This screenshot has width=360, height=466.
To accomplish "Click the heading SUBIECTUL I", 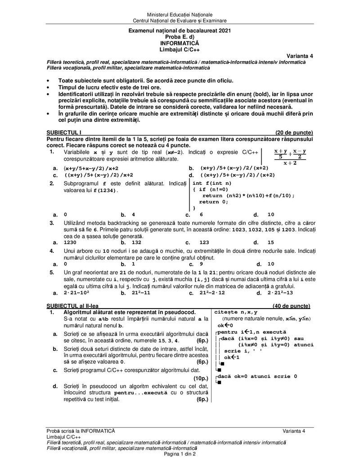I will pyautogui.click(x=64, y=132).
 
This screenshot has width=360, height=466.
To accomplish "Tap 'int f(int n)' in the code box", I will pyautogui.click(x=212, y=183).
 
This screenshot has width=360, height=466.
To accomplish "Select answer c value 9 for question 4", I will pyautogui.click(x=201, y=264).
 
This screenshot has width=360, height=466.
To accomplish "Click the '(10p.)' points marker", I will pyautogui.click(x=200, y=378).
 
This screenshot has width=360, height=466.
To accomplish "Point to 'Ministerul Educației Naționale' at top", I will pyautogui.click(x=180, y=15).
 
